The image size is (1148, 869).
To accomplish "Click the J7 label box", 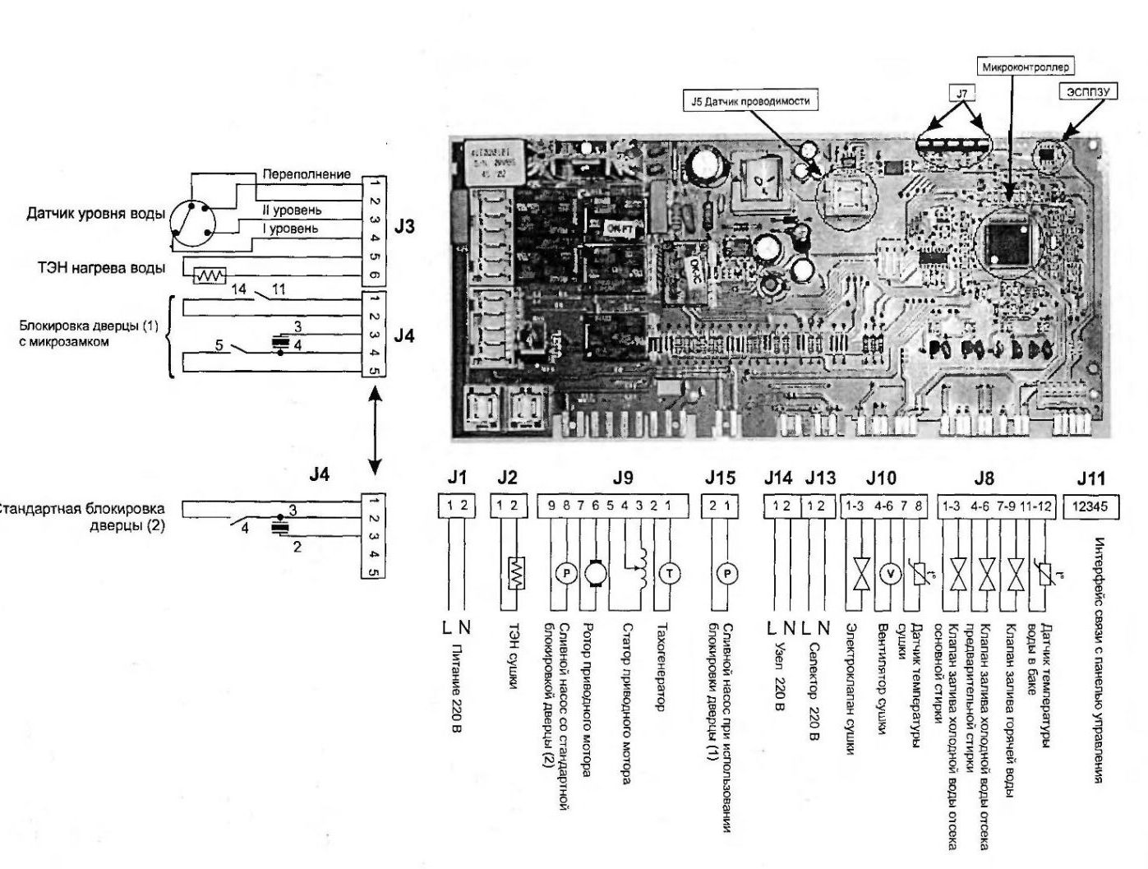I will pyautogui.click(x=962, y=94).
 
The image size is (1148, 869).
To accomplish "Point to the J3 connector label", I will pyautogui.click(x=404, y=227).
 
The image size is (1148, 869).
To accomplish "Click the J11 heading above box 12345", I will pyautogui.click(x=1090, y=478).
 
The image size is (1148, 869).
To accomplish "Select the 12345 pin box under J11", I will pyautogui.click(x=1090, y=506).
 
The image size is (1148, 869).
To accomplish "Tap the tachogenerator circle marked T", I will pyautogui.click(x=668, y=574).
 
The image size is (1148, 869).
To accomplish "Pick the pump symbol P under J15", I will pyautogui.click(x=726, y=574).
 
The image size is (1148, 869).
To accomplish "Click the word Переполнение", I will pyautogui.click(x=306, y=174).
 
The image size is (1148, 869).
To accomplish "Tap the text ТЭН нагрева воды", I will pyautogui.click(x=101, y=267).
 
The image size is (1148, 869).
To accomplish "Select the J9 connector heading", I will pyautogui.click(x=623, y=478).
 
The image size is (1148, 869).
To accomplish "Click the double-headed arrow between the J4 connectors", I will pyautogui.click(x=375, y=431).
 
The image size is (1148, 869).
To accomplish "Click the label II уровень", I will pyautogui.click(x=292, y=210).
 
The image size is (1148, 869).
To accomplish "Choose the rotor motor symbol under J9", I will pyautogui.click(x=595, y=572).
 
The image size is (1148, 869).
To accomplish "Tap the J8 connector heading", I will pyautogui.click(x=984, y=478).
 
